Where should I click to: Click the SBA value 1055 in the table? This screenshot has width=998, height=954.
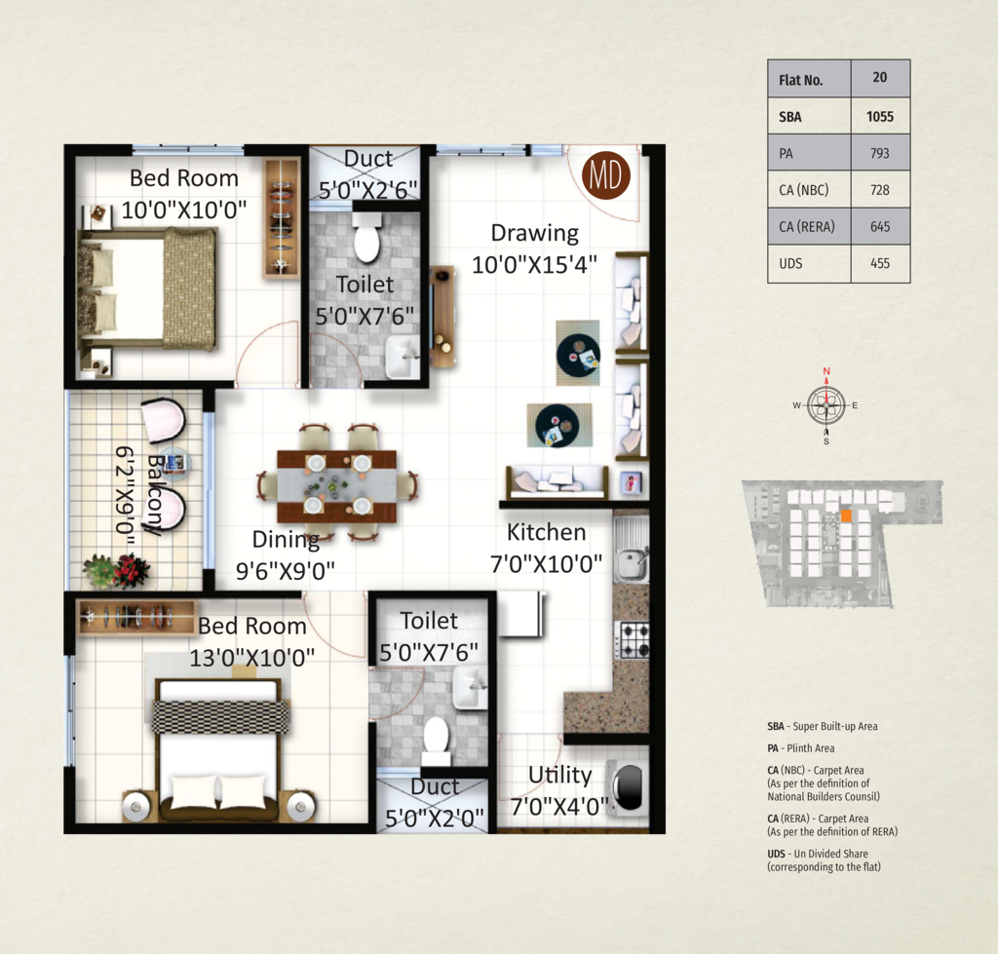(880, 117)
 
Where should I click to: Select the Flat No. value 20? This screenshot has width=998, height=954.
(880, 77)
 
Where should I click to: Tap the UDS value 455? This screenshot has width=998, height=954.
(880, 263)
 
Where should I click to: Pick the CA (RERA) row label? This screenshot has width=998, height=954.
(806, 227)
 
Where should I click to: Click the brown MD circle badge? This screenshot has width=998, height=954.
(606, 175)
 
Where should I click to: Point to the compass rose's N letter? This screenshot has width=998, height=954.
(826, 371)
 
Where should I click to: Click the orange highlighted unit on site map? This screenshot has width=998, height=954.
(846, 515)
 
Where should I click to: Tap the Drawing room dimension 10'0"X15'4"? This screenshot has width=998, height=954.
(535, 264)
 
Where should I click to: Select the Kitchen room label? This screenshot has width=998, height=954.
(546, 532)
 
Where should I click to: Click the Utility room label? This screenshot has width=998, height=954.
(560, 775)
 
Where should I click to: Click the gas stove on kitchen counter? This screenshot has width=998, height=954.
(633, 640)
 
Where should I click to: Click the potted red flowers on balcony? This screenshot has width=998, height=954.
(117, 570)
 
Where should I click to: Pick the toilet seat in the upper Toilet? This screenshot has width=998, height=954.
(366, 238)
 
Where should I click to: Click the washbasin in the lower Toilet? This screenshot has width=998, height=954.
(470, 688)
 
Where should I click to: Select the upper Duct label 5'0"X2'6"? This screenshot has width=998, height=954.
(367, 190)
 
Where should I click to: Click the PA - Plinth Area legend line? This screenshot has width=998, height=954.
(801, 747)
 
